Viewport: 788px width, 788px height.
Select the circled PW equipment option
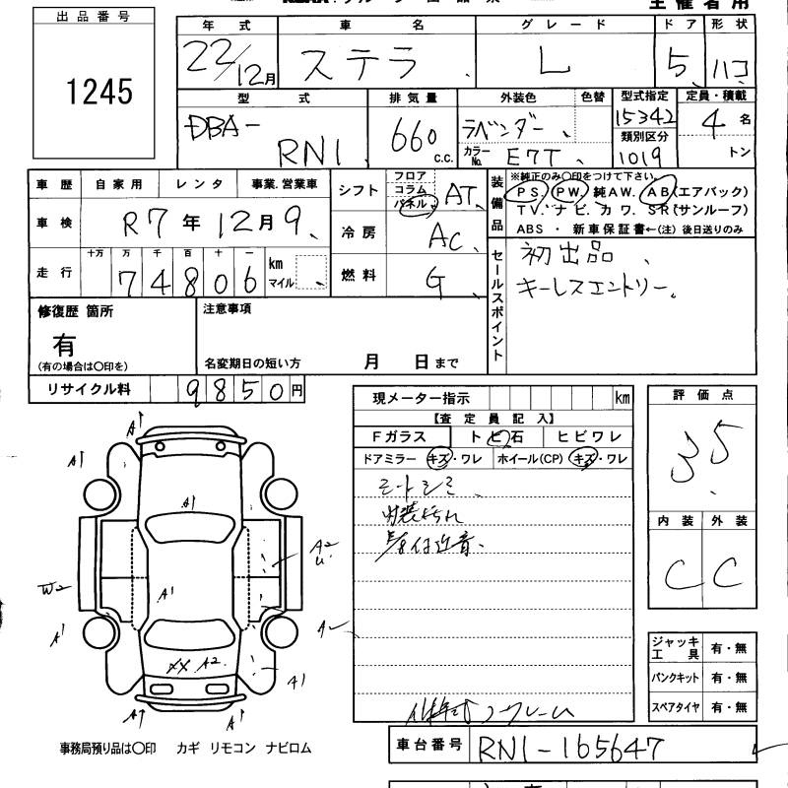pyautogui.click(x=569, y=192)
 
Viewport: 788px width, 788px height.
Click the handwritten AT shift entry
pyautogui.click(x=460, y=194)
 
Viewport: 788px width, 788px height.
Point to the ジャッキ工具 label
pyautogui.click(x=675, y=648)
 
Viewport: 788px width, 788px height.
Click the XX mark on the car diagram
pyautogui.click(x=178, y=667)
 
